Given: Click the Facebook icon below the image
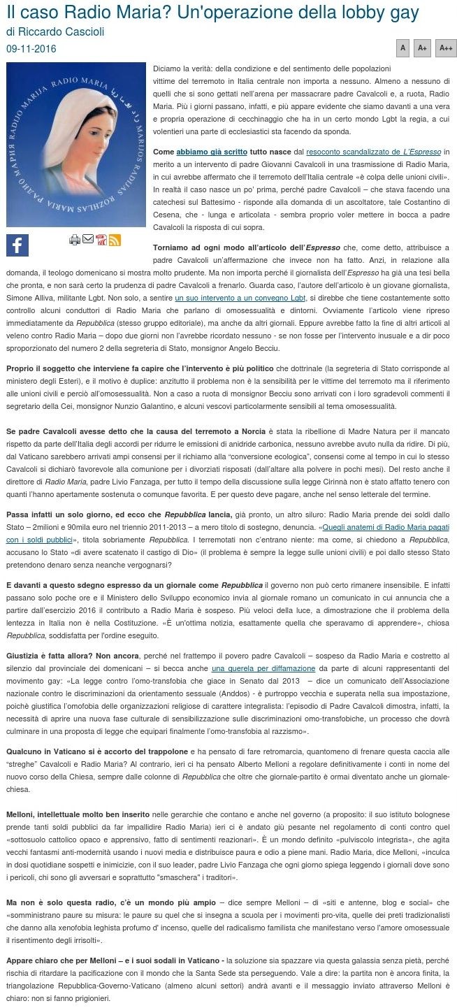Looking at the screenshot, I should click(x=17, y=245).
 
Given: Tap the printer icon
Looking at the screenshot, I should click(x=75, y=240).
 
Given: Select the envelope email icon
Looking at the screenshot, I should click(x=88, y=239).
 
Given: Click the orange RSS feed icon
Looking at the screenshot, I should click(x=115, y=240).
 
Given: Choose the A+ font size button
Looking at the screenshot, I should click(x=422, y=48).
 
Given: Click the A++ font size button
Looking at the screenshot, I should click(x=445, y=48).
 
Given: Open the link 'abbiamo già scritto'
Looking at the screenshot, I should click(x=201, y=151).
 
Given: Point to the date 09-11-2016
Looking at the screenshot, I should click(x=31, y=49).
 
